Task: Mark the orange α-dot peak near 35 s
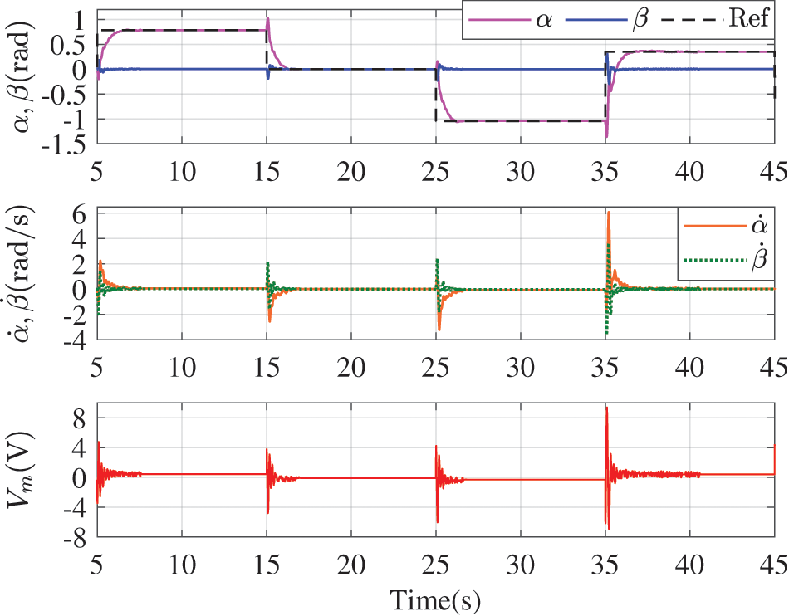(x=609, y=213)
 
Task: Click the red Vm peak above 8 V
(x=606, y=408)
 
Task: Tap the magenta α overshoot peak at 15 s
(x=267, y=18)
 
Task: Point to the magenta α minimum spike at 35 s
(x=607, y=135)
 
